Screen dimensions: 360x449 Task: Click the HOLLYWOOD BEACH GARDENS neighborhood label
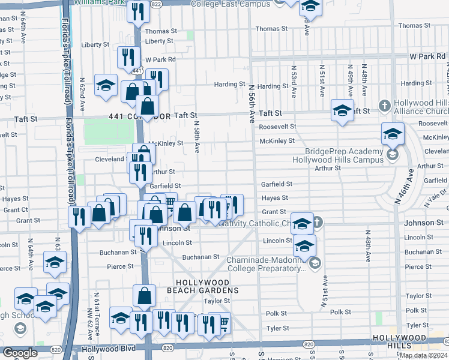click(202, 286)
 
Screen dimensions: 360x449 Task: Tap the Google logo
click(20, 353)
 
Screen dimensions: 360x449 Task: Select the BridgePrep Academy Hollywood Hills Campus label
click(338, 155)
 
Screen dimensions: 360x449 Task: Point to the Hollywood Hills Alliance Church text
click(420, 107)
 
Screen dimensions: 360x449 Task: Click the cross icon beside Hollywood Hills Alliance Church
click(384, 106)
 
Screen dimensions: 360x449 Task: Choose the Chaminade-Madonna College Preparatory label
click(265, 265)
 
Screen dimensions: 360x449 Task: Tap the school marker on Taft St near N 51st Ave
click(342, 111)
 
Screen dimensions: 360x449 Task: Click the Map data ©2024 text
click(423, 355)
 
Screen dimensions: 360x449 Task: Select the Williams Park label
click(98, 2)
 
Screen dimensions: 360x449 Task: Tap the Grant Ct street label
click(16, 210)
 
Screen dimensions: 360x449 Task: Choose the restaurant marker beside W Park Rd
click(128, 58)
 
